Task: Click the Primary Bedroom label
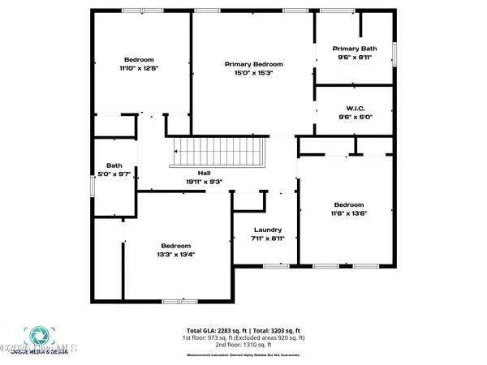[x=253, y=64]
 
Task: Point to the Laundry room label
[x=266, y=230]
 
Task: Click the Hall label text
[x=205, y=173]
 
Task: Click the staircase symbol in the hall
[x=220, y=152]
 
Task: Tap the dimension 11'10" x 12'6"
[x=140, y=69]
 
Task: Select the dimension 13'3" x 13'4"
[x=175, y=255]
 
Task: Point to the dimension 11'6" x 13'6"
[x=349, y=214]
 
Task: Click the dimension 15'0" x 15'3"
[x=253, y=73]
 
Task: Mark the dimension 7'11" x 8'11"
[x=266, y=238]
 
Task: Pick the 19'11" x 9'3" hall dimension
[x=205, y=182]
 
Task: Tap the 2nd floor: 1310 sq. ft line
[x=243, y=345]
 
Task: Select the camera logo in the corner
[x=36, y=336]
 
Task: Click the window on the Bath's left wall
[x=92, y=185]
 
